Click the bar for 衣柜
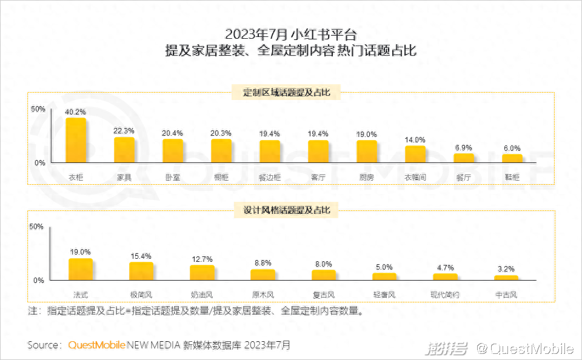[x=76, y=140]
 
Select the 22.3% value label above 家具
[x=124, y=130]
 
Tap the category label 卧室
[x=172, y=178]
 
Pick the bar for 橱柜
[x=221, y=151]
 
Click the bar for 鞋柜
[x=512, y=158]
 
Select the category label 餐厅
[x=464, y=178]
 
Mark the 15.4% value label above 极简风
[x=141, y=256]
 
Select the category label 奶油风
[x=202, y=295]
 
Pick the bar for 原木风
[x=263, y=275]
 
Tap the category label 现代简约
[x=445, y=295]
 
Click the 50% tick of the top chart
[x=38, y=108]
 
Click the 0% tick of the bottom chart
[x=38, y=281]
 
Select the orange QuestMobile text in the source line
[x=96, y=345]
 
